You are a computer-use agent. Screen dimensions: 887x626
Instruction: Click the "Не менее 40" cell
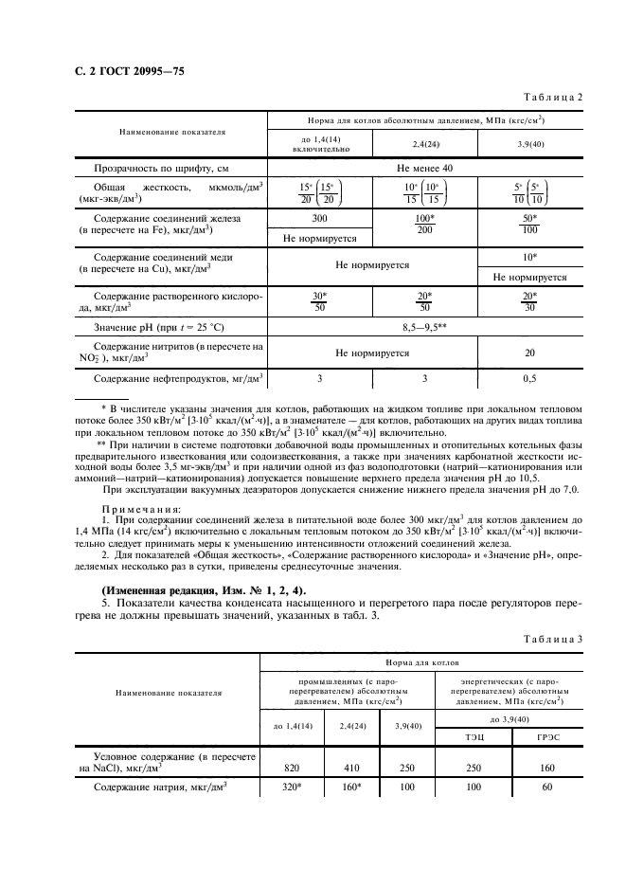(424, 168)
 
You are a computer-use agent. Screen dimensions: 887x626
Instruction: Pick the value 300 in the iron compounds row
(319, 219)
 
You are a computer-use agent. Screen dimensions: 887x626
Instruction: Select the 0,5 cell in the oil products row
(529, 379)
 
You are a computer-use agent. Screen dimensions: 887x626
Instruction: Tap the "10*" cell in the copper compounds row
(529, 258)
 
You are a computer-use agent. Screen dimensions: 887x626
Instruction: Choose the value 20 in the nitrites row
(529, 353)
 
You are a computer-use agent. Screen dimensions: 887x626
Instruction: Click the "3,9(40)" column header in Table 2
(529, 143)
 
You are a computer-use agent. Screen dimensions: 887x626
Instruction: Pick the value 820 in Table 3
(292, 768)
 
